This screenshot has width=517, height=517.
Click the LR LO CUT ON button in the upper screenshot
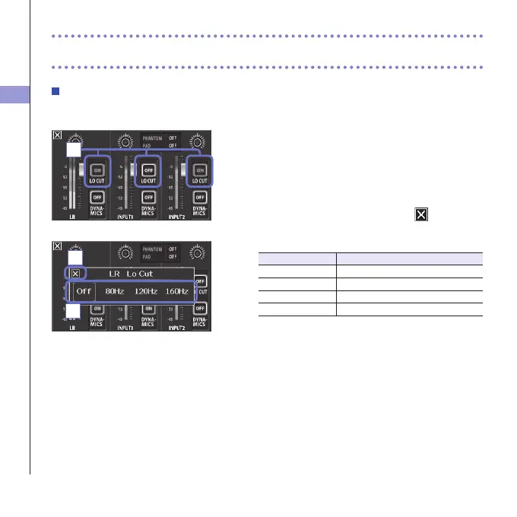[97, 171]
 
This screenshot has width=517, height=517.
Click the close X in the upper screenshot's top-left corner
[58, 135]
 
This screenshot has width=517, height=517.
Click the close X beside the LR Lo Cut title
[75, 273]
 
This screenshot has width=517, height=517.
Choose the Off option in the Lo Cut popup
[84, 291]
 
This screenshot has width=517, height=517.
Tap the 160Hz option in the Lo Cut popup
[176, 291]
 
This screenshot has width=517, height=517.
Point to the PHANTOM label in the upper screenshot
[153, 138]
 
